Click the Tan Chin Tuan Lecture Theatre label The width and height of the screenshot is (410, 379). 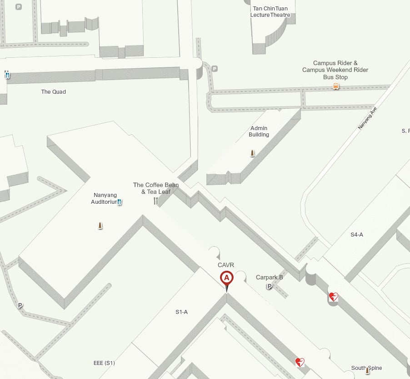pyautogui.click(x=270, y=11)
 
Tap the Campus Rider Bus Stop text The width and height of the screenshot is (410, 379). pyautogui.click(x=335, y=70)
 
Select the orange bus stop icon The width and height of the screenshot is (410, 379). pyautogui.click(x=336, y=86)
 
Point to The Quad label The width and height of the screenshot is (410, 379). pyautogui.click(x=54, y=92)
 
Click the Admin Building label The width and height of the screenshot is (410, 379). pyautogui.click(x=259, y=131)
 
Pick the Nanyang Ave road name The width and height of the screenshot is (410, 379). pyautogui.click(x=368, y=118)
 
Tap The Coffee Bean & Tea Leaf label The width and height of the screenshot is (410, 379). pyautogui.click(x=156, y=188)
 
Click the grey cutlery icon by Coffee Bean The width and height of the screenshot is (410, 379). pyautogui.click(x=156, y=201)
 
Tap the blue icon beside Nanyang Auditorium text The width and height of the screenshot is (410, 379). pyautogui.click(x=119, y=202)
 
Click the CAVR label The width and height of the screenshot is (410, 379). pyautogui.click(x=226, y=265)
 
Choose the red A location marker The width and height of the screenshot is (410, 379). pyautogui.click(x=226, y=278)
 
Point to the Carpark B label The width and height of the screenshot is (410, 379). pyautogui.click(x=270, y=277)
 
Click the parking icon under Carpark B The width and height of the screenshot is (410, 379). pyautogui.click(x=269, y=286)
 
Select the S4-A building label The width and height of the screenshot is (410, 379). pyautogui.click(x=357, y=235)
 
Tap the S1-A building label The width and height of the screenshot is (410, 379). pyautogui.click(x=182, y=312)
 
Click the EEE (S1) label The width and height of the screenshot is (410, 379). pyautogui.click(x=104, y=363)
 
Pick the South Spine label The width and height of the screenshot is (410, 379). pyautogui.click(x=366, y=368)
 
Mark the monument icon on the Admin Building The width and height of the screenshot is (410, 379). pyautogui.click(x=252, y=153)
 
